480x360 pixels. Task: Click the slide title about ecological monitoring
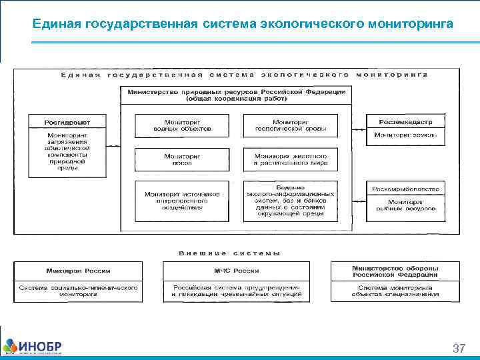tap(243, 24)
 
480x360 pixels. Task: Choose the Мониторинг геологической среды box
tap(290, 125)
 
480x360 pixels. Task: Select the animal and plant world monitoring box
tap(290, 159)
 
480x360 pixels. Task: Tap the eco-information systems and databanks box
tap(290, 201)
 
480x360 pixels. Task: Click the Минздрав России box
tap(78, 271)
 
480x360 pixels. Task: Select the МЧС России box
tap(236, 271)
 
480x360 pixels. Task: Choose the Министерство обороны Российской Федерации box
tap(395, 271)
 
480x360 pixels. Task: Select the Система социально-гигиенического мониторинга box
tap(78, 291)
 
